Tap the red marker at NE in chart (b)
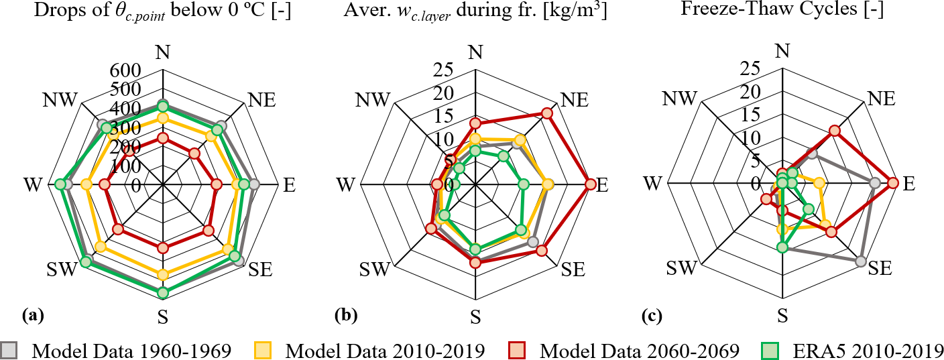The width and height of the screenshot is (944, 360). pos(547,113)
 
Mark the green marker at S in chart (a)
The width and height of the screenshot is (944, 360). pos(162,292)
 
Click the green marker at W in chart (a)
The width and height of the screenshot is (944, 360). pos(60,184)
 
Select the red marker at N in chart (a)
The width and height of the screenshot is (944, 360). pos(162,138)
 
